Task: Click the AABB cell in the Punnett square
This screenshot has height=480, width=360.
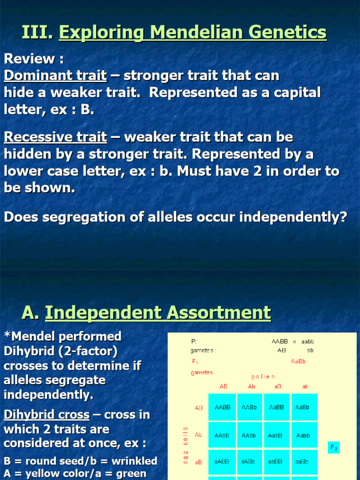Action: coord(222,407)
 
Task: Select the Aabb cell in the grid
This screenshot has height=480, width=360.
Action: coord(303,435)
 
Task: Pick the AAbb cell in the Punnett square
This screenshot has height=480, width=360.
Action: coord(249,435)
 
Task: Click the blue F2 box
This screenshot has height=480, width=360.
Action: coord(334,448)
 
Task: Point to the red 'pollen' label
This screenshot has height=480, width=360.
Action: coord(263,376)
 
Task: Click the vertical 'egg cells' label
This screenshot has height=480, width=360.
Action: coord(185,445)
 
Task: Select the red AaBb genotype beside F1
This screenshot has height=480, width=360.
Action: coord(299,361)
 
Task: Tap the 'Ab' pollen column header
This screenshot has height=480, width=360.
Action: coord(252,387)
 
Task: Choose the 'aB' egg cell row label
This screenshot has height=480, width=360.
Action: coord(198,462)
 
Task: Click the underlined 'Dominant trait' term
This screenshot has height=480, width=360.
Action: coord(55,75)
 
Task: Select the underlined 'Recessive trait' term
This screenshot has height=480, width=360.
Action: coord(55,137)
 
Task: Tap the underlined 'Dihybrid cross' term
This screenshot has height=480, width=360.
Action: coord(46,415)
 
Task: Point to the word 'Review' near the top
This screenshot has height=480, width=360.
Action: coord(30,59)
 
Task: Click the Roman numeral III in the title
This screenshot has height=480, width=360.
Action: coord(37,32)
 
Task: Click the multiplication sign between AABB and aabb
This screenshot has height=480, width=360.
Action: coord(294,342)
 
